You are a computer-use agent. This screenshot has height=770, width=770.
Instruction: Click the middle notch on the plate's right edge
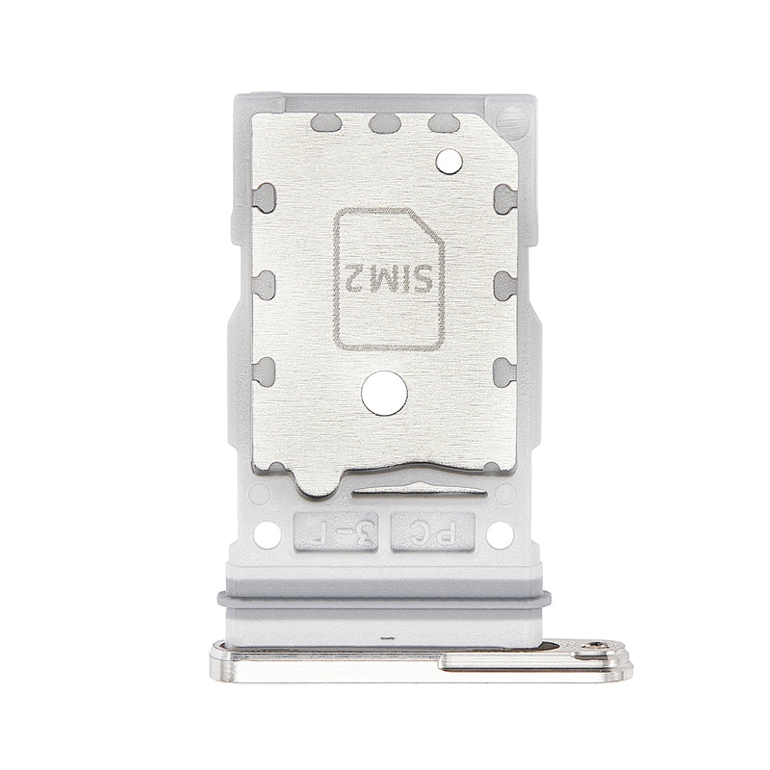click(503, 282)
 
